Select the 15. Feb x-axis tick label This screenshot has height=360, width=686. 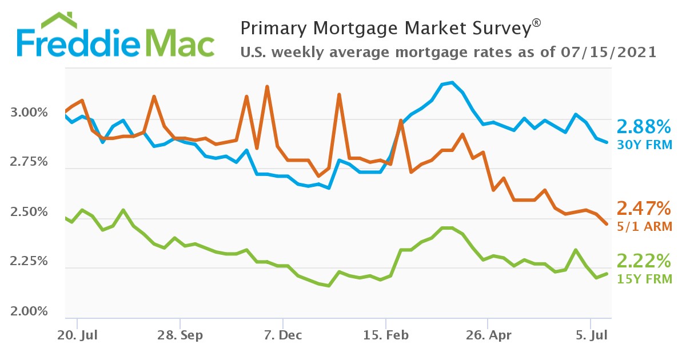(x=386, y=335)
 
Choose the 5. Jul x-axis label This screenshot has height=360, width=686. (x=591, y=335)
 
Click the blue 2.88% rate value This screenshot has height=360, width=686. (x=643, y=126)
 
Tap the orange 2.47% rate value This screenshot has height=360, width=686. (x=643, y=208)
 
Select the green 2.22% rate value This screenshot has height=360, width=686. (x=643, y=261)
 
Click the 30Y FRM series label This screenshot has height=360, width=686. (x=644, y=144)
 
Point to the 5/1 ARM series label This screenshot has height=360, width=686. (x=644, y=226)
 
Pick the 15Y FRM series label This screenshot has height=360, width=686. (x=644, y=279)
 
